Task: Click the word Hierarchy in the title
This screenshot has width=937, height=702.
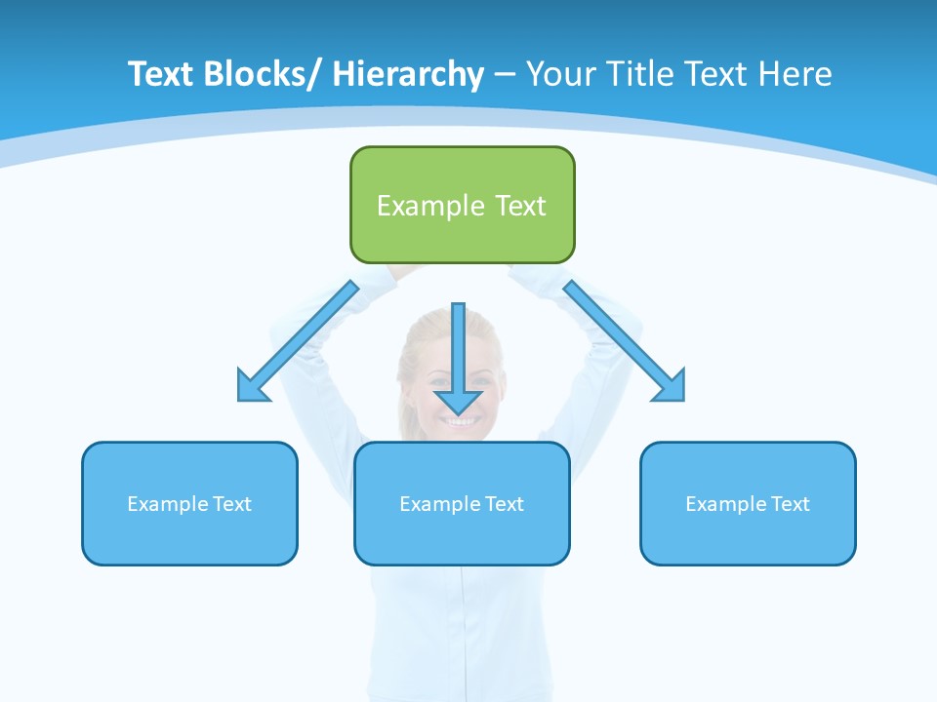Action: pyautogui.click(x=407, y=74)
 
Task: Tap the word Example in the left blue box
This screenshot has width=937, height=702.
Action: pyautogui.click(x=167, y=504)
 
